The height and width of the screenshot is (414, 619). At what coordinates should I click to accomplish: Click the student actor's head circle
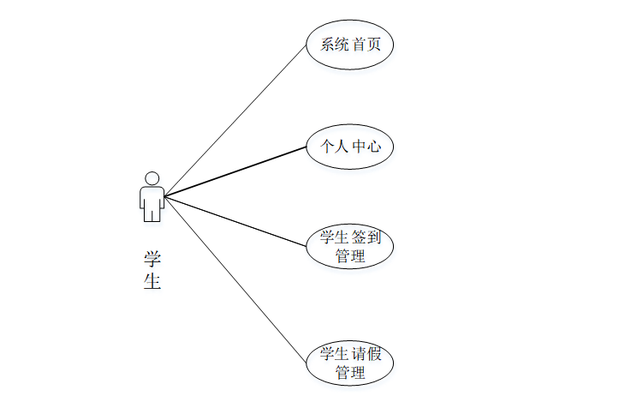coord(152,178)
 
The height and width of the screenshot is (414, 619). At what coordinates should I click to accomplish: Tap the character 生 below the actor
coord(152,282)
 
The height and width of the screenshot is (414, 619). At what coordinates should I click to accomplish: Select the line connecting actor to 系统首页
coord(235,120)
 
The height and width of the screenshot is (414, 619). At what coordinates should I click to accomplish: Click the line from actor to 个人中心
coord(235,171)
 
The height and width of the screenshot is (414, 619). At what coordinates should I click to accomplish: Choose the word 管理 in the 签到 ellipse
coord(350,255)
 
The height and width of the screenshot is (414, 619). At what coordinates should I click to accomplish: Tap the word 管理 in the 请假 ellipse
coord(350,372)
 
